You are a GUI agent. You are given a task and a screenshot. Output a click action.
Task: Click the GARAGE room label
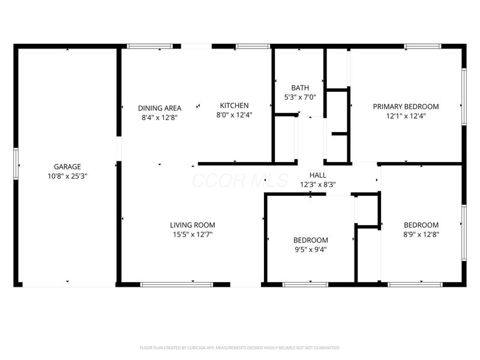pyautogui.click(x=67, y=167)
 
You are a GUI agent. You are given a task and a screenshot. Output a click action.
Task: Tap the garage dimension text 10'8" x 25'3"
pyautogui.click(x=67, y=176)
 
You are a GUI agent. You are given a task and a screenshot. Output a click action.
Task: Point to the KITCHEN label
pyautogui.click(x=234, y=106)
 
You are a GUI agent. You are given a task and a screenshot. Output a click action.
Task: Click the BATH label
pyautogui.click(x=300, y=88)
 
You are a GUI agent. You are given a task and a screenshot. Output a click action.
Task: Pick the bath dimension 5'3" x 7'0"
pyautogui.click(x=300, y=97)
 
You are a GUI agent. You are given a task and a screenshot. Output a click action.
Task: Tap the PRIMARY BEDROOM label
pyautogui.click(x=406, y=107)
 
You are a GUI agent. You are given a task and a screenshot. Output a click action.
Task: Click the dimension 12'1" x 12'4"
pyautogui.click(x=406, y=116)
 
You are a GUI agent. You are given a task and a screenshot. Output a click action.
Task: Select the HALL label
pyautogui.click(x=317, y=175)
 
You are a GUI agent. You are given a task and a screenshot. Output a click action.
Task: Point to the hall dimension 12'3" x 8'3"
pyautogui.click(x=317, y=184)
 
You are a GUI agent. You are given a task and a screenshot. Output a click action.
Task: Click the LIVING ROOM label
pyautogui.click(x=192, y=226)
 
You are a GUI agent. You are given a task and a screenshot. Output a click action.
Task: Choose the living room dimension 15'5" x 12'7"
pyautogui.click(x=192, y=235)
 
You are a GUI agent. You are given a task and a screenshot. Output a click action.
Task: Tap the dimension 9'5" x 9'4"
pyautogui.click(x=310, y=250)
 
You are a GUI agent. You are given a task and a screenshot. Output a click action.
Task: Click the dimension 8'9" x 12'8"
pyautogui.click(x=421, y=235)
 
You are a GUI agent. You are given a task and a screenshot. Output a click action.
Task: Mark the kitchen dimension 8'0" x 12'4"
pyautogui.click(x=234, y=115)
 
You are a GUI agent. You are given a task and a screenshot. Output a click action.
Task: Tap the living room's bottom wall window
pyautogui.click(x=176, y=284)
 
